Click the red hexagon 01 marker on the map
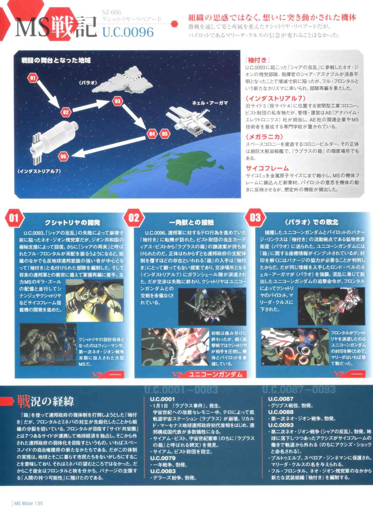pos(33,78)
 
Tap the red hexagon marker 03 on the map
pos(117,101)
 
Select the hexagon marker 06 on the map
pos(63,156)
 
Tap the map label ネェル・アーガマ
pos(210,103)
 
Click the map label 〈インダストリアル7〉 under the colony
pos(39,171)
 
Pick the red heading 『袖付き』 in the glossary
pos(256,60)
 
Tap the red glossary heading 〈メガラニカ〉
pos(264,136)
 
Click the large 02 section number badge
pos(134,218)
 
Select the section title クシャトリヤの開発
pos(72,223)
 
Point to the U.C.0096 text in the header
pos(128,32)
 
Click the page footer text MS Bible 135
pos(28,503)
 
